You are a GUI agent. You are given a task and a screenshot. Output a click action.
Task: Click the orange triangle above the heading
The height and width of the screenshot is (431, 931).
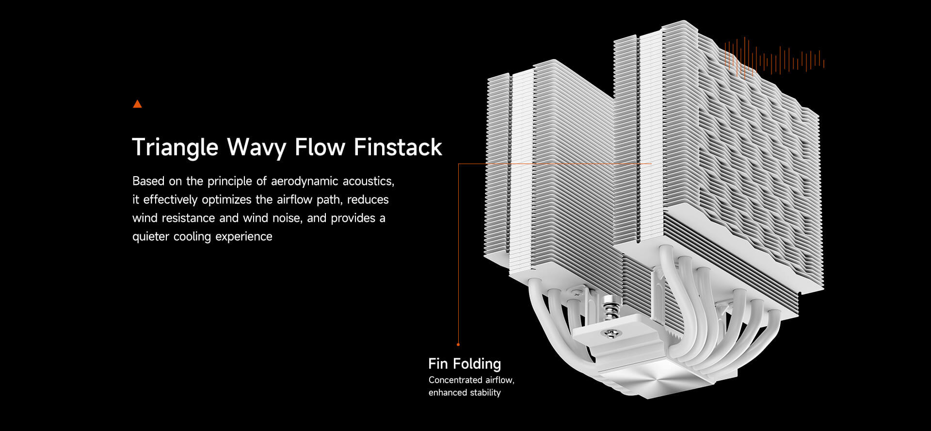(x=137, y=104)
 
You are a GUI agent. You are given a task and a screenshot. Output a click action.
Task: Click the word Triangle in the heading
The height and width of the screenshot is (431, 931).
(x=175, y=148)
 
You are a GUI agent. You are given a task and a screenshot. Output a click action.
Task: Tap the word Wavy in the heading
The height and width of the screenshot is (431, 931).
(x=256, y=148)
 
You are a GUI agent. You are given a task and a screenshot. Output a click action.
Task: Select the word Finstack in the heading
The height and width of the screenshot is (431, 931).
(x=398, y=148)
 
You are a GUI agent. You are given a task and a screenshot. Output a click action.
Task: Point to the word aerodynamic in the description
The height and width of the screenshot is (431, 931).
(x=305, y=181)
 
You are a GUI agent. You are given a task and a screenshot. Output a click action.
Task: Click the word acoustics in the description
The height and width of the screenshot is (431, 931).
(x=369, y=181)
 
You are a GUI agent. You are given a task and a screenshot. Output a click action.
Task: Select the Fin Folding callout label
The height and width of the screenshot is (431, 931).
(x=465, y=364)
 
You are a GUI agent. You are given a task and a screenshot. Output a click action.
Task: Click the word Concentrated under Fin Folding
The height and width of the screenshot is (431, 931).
(x=455, y=380)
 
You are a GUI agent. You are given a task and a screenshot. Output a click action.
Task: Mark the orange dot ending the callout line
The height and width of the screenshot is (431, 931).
(x=458, y=345)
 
